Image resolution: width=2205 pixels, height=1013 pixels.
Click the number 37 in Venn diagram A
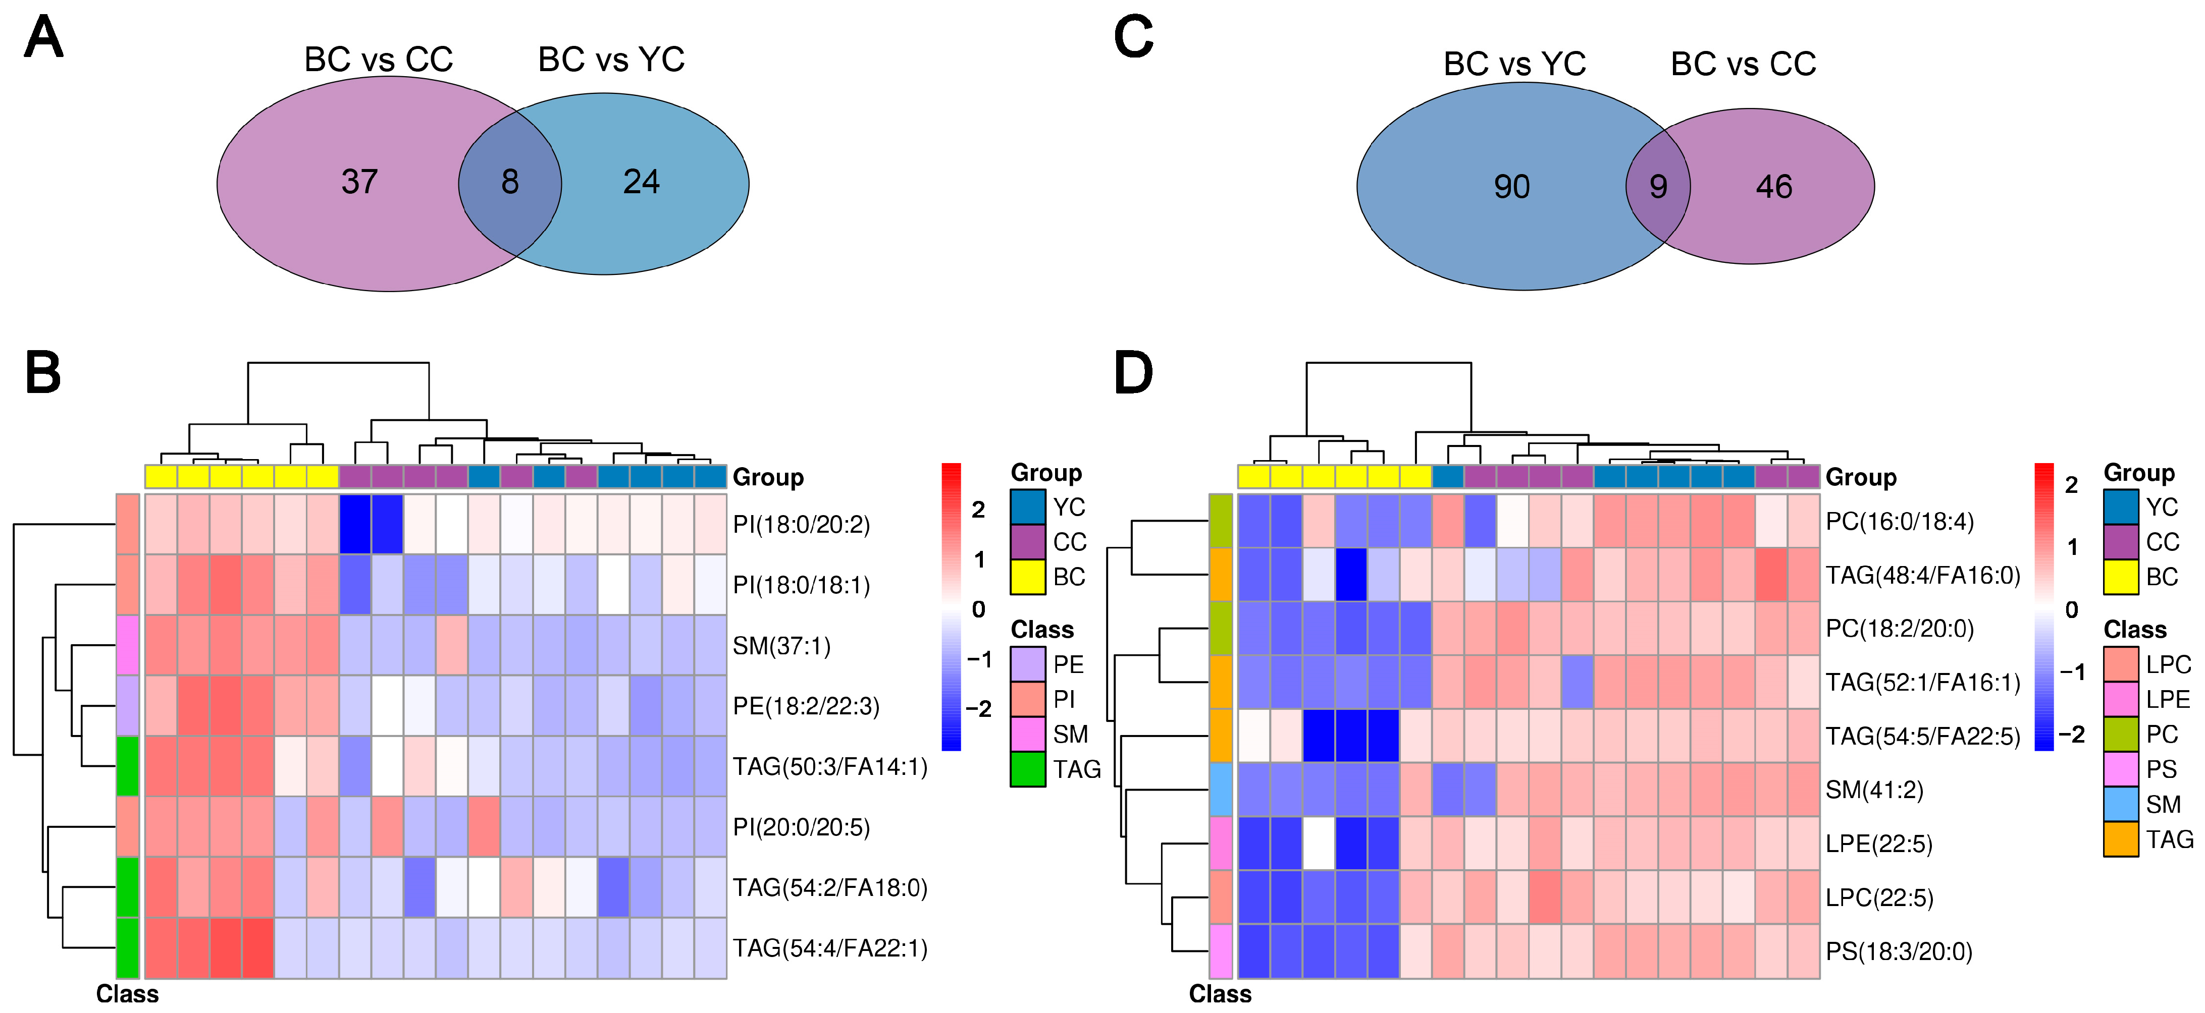[359, 182]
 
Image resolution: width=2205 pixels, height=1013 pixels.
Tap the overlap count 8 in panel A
[510, 182]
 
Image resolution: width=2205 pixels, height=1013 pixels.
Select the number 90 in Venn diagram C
[1512, 187]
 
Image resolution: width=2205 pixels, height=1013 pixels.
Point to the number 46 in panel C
[1773, 187]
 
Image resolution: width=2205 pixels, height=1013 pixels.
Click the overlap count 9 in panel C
[1658, 187]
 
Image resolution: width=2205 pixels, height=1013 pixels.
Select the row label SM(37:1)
[781, 645]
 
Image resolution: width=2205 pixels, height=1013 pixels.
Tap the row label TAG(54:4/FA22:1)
[829, 948]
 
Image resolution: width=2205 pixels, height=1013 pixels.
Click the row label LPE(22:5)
[1879, 843]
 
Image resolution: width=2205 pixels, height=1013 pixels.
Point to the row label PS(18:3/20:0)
[1899, 951]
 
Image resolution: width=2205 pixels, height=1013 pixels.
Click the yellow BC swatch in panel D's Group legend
[2120, 577]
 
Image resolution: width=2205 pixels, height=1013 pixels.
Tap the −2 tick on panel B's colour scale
[978, 708]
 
